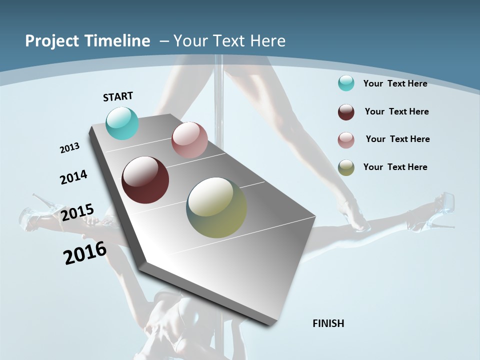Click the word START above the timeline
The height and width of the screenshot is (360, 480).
pos(118,96)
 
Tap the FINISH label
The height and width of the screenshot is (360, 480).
pos(328,323)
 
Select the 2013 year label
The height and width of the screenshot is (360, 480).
pos(70,147)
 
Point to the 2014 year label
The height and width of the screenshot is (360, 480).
pos(74,177)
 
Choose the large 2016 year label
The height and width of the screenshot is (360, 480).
pos(85,253)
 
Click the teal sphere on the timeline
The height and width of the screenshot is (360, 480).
pos(122,123)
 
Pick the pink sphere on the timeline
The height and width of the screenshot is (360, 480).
pos(189,140)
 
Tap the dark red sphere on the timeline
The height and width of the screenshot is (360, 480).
pos(145,180)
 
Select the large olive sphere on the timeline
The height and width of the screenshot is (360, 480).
pos(216,207)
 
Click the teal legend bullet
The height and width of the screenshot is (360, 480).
pos(346,83)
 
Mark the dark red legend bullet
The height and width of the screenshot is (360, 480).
pos(346,112)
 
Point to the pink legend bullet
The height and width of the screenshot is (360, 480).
pos(346,140)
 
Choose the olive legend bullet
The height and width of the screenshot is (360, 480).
pos(346,167)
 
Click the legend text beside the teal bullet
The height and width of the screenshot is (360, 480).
pos(395,83)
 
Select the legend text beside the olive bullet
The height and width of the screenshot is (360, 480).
pos(395,167)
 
